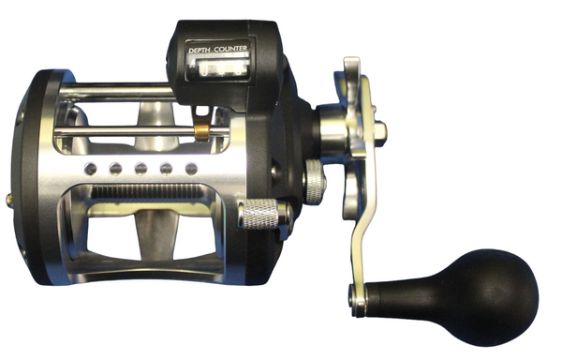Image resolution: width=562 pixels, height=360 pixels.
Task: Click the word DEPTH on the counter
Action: point(200,51)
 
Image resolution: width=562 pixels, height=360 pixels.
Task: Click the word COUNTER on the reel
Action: point(230,49)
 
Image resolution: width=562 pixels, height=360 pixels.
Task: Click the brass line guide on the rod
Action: point(202,132)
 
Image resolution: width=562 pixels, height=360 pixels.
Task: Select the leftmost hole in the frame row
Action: point(90,169)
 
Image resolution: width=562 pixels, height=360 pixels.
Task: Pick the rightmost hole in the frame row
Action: point(191,169)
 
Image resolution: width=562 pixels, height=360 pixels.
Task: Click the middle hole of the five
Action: point(140,169)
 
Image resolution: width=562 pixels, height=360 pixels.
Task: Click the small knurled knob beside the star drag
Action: point(315,182)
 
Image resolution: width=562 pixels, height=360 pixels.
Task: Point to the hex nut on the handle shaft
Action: point(380,130)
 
